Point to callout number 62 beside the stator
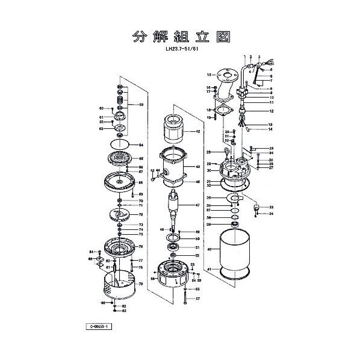coord(197,131)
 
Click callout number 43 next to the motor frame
coord(197,167)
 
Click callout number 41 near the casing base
coord(209,286)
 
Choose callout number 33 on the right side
coord(272,206)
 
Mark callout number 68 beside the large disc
coord(140,182)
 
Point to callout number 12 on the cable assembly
coord(272,111)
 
